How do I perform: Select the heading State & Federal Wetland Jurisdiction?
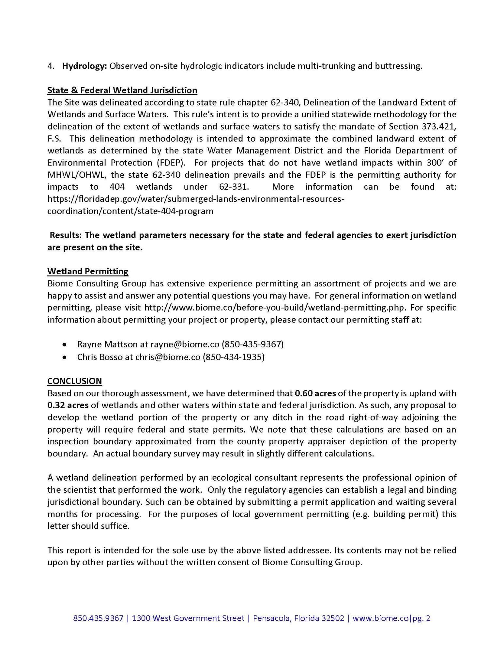(122, 90)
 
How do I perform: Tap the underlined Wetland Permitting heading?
(88, 271)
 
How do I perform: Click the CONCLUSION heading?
(74, 381)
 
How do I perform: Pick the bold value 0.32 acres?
(68, 405)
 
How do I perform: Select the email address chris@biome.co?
(168, 357)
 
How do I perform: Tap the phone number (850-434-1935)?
(234, 357)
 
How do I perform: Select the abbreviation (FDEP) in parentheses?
(171, 163)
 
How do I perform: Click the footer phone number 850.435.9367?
(98, 618)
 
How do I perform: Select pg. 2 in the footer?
(421, 618)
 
